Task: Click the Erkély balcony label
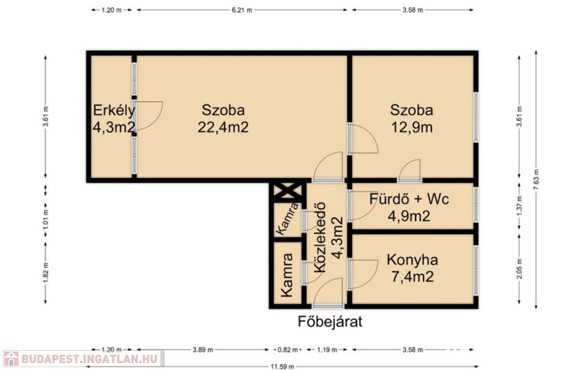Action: (114, 111)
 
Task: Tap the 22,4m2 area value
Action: (223, 127)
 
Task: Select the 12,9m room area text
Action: (411, 127)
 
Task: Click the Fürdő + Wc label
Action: (409, 199)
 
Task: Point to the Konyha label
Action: (412, 260)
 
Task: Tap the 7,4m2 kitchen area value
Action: (413, 276)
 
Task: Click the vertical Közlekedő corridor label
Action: (319, 238)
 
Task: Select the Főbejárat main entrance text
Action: (330, 321)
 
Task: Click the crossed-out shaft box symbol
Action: (287, 192)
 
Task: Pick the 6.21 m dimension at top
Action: (242, 10)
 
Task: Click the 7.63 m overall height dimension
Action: (535, 180)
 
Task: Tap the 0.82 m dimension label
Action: (288, 350)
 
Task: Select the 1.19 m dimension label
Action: (327, 350)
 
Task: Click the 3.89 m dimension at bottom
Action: (203, 350)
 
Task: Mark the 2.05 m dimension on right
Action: (519, 269)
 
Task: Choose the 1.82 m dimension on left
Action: (45, 273)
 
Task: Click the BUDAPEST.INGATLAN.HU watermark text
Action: (90, 359)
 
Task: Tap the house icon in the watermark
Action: (11, 359)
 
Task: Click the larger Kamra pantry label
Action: (286, 275)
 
